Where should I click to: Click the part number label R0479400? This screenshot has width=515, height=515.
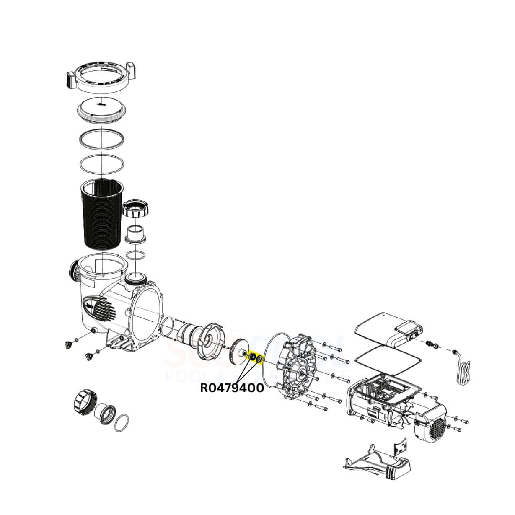(x=232, y=388)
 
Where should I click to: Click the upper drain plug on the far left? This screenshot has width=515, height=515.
(x=67, y=344)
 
